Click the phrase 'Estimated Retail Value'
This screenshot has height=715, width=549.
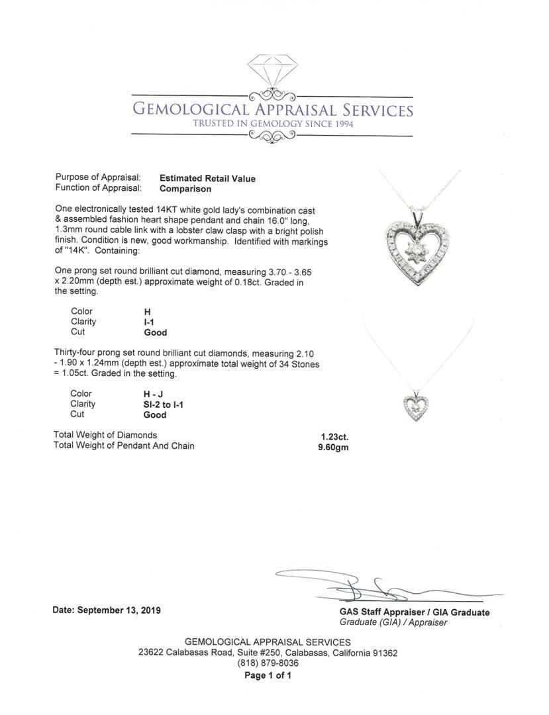[x=207, y=178]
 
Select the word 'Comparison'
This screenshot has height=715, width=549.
[x=185, y=189]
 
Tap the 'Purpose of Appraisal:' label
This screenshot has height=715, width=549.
[x=98, y=178]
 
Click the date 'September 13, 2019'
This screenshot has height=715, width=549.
[x=119, y=610]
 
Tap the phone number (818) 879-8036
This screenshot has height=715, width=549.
[x=268, y=663]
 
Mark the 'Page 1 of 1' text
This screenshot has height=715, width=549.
[x=268, y=676]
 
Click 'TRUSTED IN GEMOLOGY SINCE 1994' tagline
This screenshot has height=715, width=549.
[x=273, y=124]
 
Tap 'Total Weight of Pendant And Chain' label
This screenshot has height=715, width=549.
[x=124, y=446]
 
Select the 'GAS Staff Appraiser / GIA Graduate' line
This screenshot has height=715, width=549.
[x=415, y=612]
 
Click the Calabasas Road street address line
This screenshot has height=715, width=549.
[x=268, y=653]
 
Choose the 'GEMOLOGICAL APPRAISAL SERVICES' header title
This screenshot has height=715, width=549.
[x=273, y=109]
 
